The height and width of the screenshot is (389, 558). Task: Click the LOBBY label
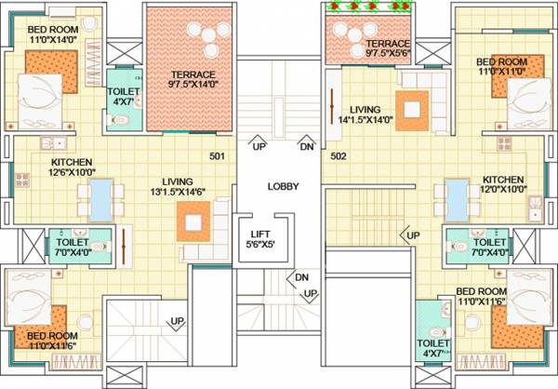click(x=283, y=186)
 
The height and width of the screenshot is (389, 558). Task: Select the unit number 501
click(x=218, y=155)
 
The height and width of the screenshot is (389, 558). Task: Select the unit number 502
click(x=339, y=155)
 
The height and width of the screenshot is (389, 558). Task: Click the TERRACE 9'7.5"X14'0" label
click(x=193, y=80)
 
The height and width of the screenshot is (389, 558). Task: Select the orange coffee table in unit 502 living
click(x=411, y=106)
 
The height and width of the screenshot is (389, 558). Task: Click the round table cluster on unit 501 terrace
click(x=204, y=36)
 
